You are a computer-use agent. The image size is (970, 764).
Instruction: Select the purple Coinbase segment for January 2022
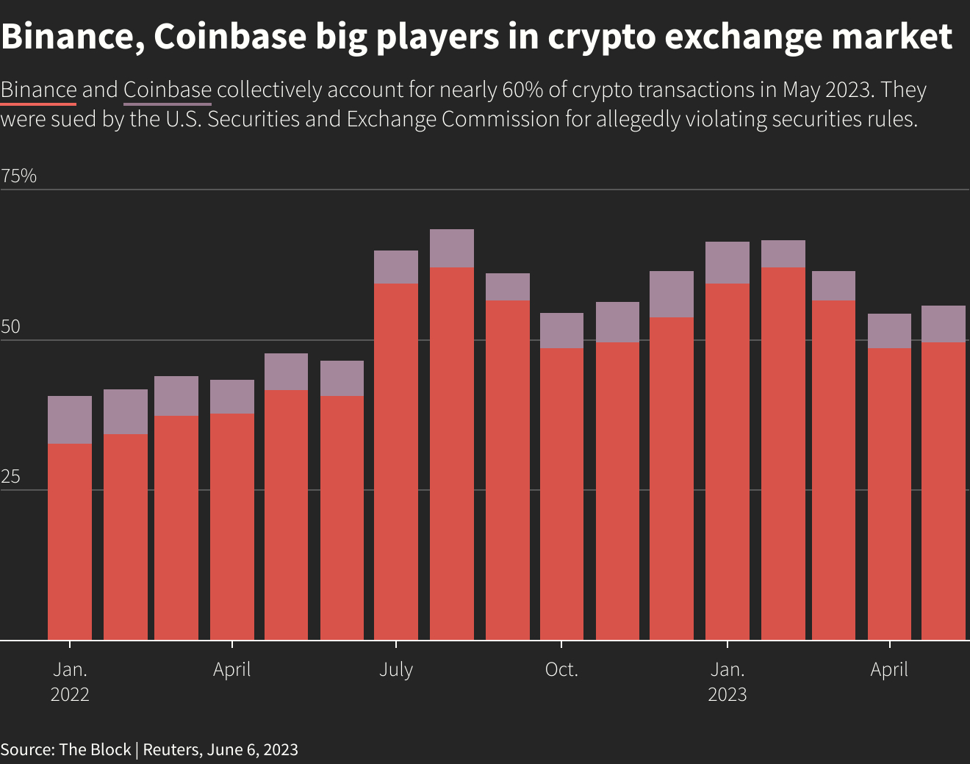(x=70, y=419)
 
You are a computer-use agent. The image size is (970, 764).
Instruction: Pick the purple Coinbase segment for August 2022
(x=452, y=248)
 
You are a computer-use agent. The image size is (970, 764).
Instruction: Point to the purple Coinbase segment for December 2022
(x=672, y=294)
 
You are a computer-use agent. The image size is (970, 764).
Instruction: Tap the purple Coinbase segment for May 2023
(x=944, y=324)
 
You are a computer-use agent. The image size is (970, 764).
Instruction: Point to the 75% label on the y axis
(x=19, y=176)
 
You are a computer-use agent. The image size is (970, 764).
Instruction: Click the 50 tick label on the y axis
(x=10, y=328)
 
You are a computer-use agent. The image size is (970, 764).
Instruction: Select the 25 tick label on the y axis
(x=10, y=478)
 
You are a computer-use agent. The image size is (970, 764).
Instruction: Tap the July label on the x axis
(x=396, y=670)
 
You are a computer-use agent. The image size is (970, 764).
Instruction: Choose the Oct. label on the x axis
(x=561, y=670)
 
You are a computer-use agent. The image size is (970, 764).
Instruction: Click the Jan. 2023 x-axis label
(x=727, y=682)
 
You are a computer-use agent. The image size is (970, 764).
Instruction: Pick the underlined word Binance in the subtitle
(x=38, y=90)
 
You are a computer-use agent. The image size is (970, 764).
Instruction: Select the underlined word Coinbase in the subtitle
(x=168, y=90)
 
